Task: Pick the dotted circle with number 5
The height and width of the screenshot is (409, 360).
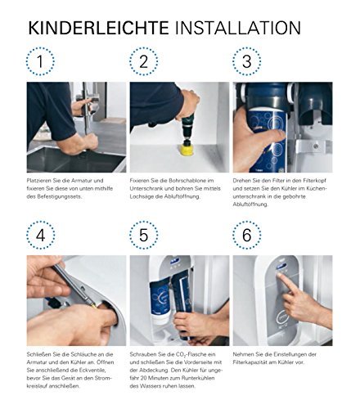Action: tap(145, 236)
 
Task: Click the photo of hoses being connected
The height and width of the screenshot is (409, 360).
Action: tap(76, 299)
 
